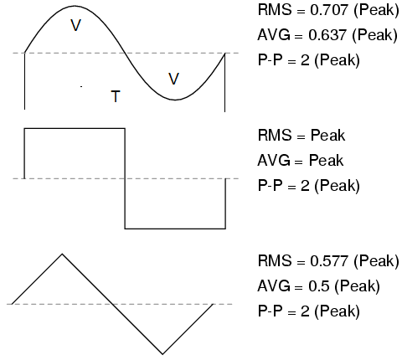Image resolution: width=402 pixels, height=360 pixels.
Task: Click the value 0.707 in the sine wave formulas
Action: pyautogui.click(x=329, y=10)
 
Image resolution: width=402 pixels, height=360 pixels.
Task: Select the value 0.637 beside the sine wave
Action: pyautogui.click(x=327, y=35)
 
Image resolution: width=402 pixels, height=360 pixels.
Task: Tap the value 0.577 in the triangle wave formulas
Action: pyautogui.click(x=329, y=261)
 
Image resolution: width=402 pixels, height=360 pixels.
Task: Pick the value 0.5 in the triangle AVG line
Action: pyautogui.click(x=319, y=286)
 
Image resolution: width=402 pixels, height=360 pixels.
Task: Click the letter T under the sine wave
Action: pyautogui.click(x=116, y=96)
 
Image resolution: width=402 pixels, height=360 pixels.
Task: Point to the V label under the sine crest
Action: pyautogui.click(x=75, y=25)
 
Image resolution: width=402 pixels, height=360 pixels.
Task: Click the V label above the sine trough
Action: pyautogui.click(x=173, y=79)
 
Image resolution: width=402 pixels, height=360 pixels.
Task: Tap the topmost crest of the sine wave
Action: pyautogui.click(x=75, y=6)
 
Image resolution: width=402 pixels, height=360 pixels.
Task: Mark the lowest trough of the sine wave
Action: pyautogui.click(x=175, y=100)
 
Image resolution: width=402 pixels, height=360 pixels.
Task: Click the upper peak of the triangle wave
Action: pyautogui.click(x=62, y=254)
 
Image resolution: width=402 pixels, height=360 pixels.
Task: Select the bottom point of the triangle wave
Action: pyautogui.click(x=162, y=354)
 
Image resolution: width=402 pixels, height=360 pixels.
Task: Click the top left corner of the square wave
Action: pyautogui.click(x=24, y=128)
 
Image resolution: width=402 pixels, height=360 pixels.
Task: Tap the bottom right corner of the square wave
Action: pyautogui.click(x=225, y=229)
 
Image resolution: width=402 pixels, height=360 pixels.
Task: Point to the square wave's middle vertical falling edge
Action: pyautogui.click(x=125, y=178)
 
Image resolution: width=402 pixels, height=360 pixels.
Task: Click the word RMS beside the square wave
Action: pyautogui.click(x=275, y=136)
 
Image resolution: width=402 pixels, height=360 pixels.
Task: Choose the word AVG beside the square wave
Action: pyautogui.click(x=274, y=161)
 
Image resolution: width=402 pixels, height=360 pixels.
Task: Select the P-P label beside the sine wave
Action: pyautogui.click(x=270, y=60)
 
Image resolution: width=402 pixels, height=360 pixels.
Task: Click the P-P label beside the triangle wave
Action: pyautogui.click(x=270, y=311)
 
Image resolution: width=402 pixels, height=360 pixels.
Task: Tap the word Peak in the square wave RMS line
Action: pyautogui.click(x=327, y=136)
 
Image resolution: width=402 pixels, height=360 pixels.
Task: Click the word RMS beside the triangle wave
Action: pyautogui.click(x=275, y=261)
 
